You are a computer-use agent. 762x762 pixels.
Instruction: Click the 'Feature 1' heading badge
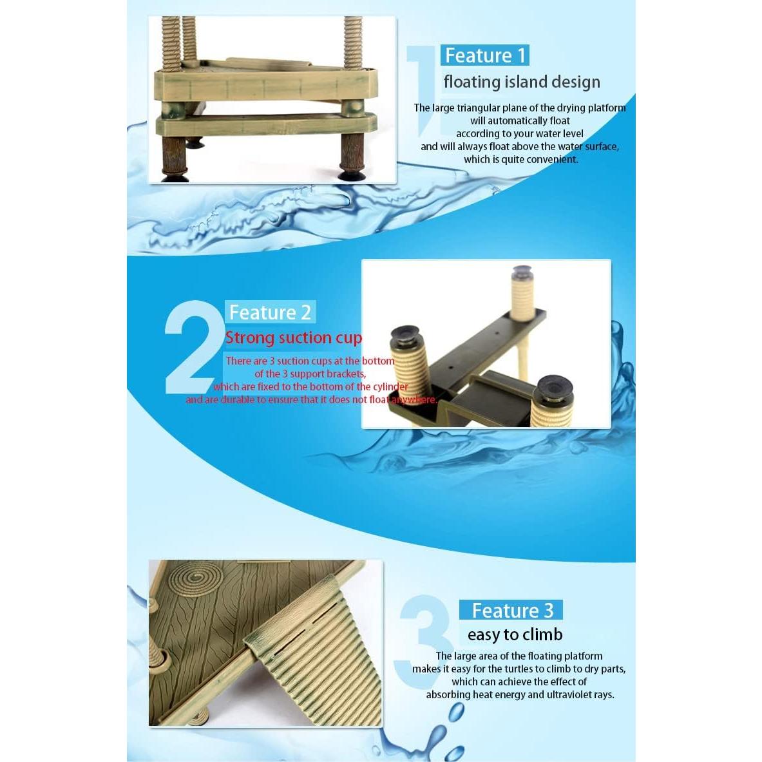pos(484,55)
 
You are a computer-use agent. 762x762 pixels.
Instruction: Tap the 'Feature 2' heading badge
pos(270,312)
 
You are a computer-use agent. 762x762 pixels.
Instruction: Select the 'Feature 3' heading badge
pos(511,610)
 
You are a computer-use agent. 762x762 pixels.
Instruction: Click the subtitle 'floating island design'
pos(521,82)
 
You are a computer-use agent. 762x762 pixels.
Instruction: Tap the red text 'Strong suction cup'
pos(293,338)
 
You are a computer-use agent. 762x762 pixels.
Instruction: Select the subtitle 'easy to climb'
pos(515,634)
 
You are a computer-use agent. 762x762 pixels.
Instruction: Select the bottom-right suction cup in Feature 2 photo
pos(553,390)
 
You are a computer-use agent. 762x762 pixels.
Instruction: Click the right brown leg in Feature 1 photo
pos(352,155)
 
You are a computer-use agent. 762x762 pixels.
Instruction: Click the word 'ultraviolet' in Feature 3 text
pos(555,694)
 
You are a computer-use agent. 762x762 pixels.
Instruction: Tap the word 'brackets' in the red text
pos(345,374)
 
